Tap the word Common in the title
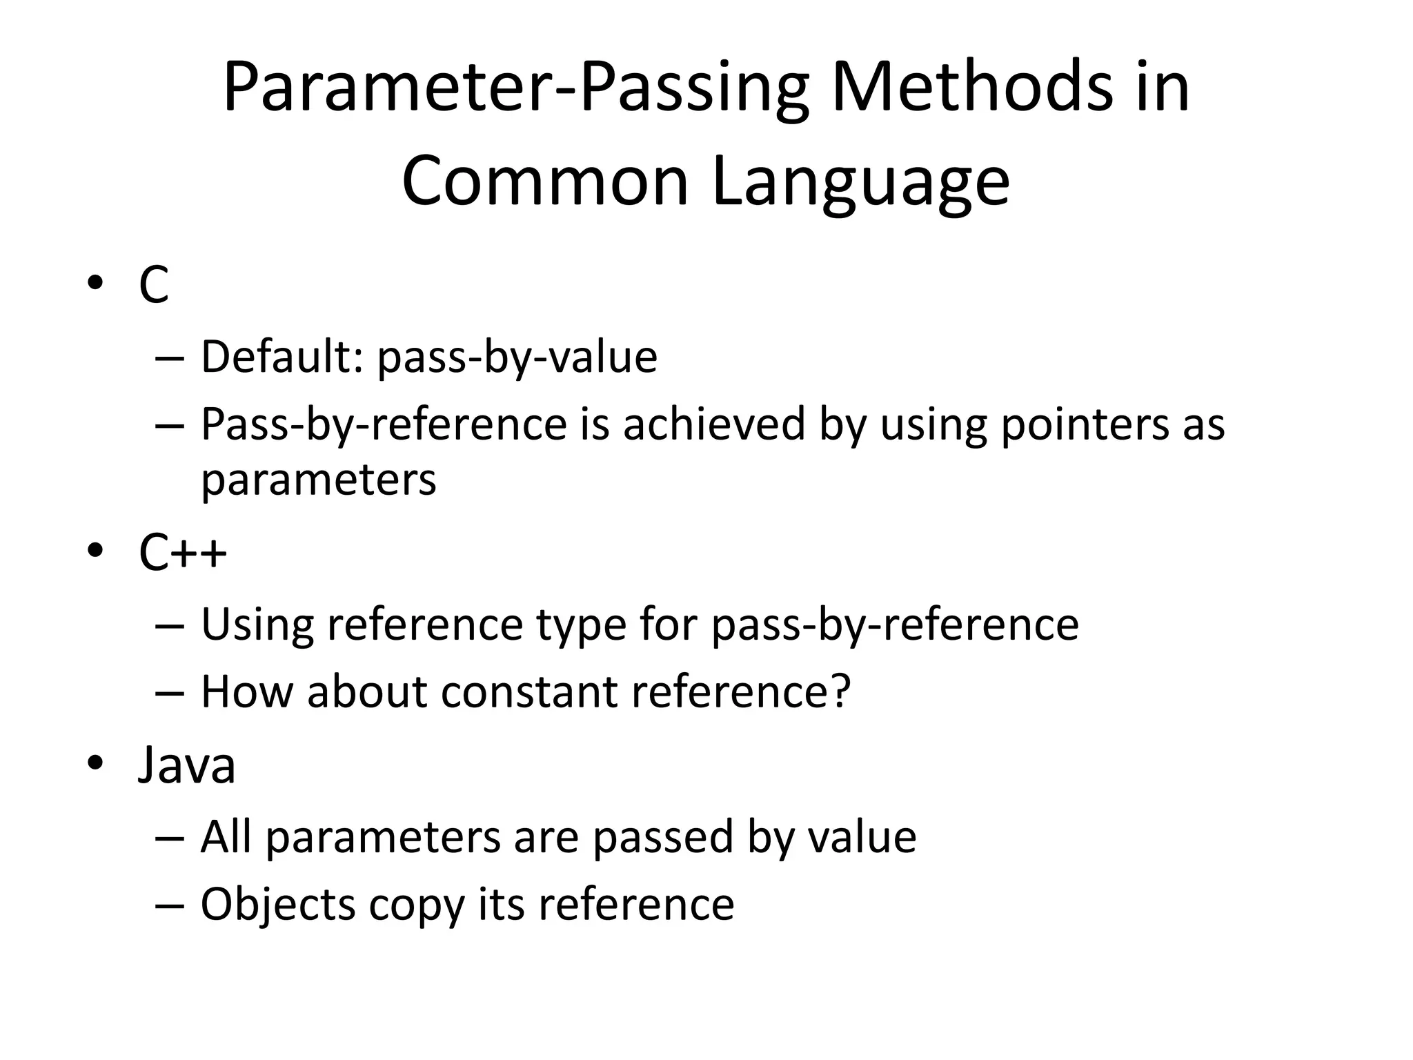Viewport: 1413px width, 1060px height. coord(545,181)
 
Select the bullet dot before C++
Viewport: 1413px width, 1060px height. coord(95,551)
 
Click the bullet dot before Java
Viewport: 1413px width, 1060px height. coord(95,763)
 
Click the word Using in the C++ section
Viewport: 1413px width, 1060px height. coord(257,625)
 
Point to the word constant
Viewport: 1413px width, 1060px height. coord(529,691)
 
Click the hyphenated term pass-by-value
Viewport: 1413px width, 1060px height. coord(517,357)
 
